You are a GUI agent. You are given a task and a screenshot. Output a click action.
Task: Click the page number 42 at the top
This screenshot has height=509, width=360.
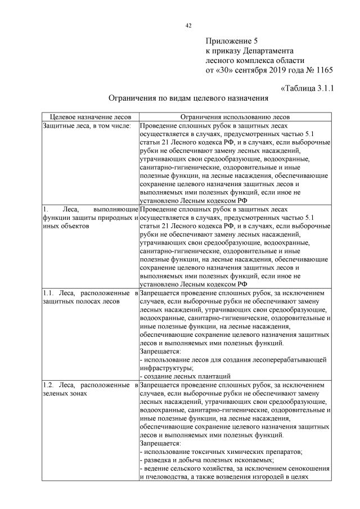coord(188,25)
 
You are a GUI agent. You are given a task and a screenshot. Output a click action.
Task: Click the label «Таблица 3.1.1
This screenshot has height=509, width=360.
coord(307,88)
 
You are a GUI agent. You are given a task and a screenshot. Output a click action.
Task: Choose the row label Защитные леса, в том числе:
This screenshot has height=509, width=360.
coord(87,125)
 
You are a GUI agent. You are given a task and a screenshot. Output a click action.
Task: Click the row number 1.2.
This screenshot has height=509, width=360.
coord(48,385)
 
